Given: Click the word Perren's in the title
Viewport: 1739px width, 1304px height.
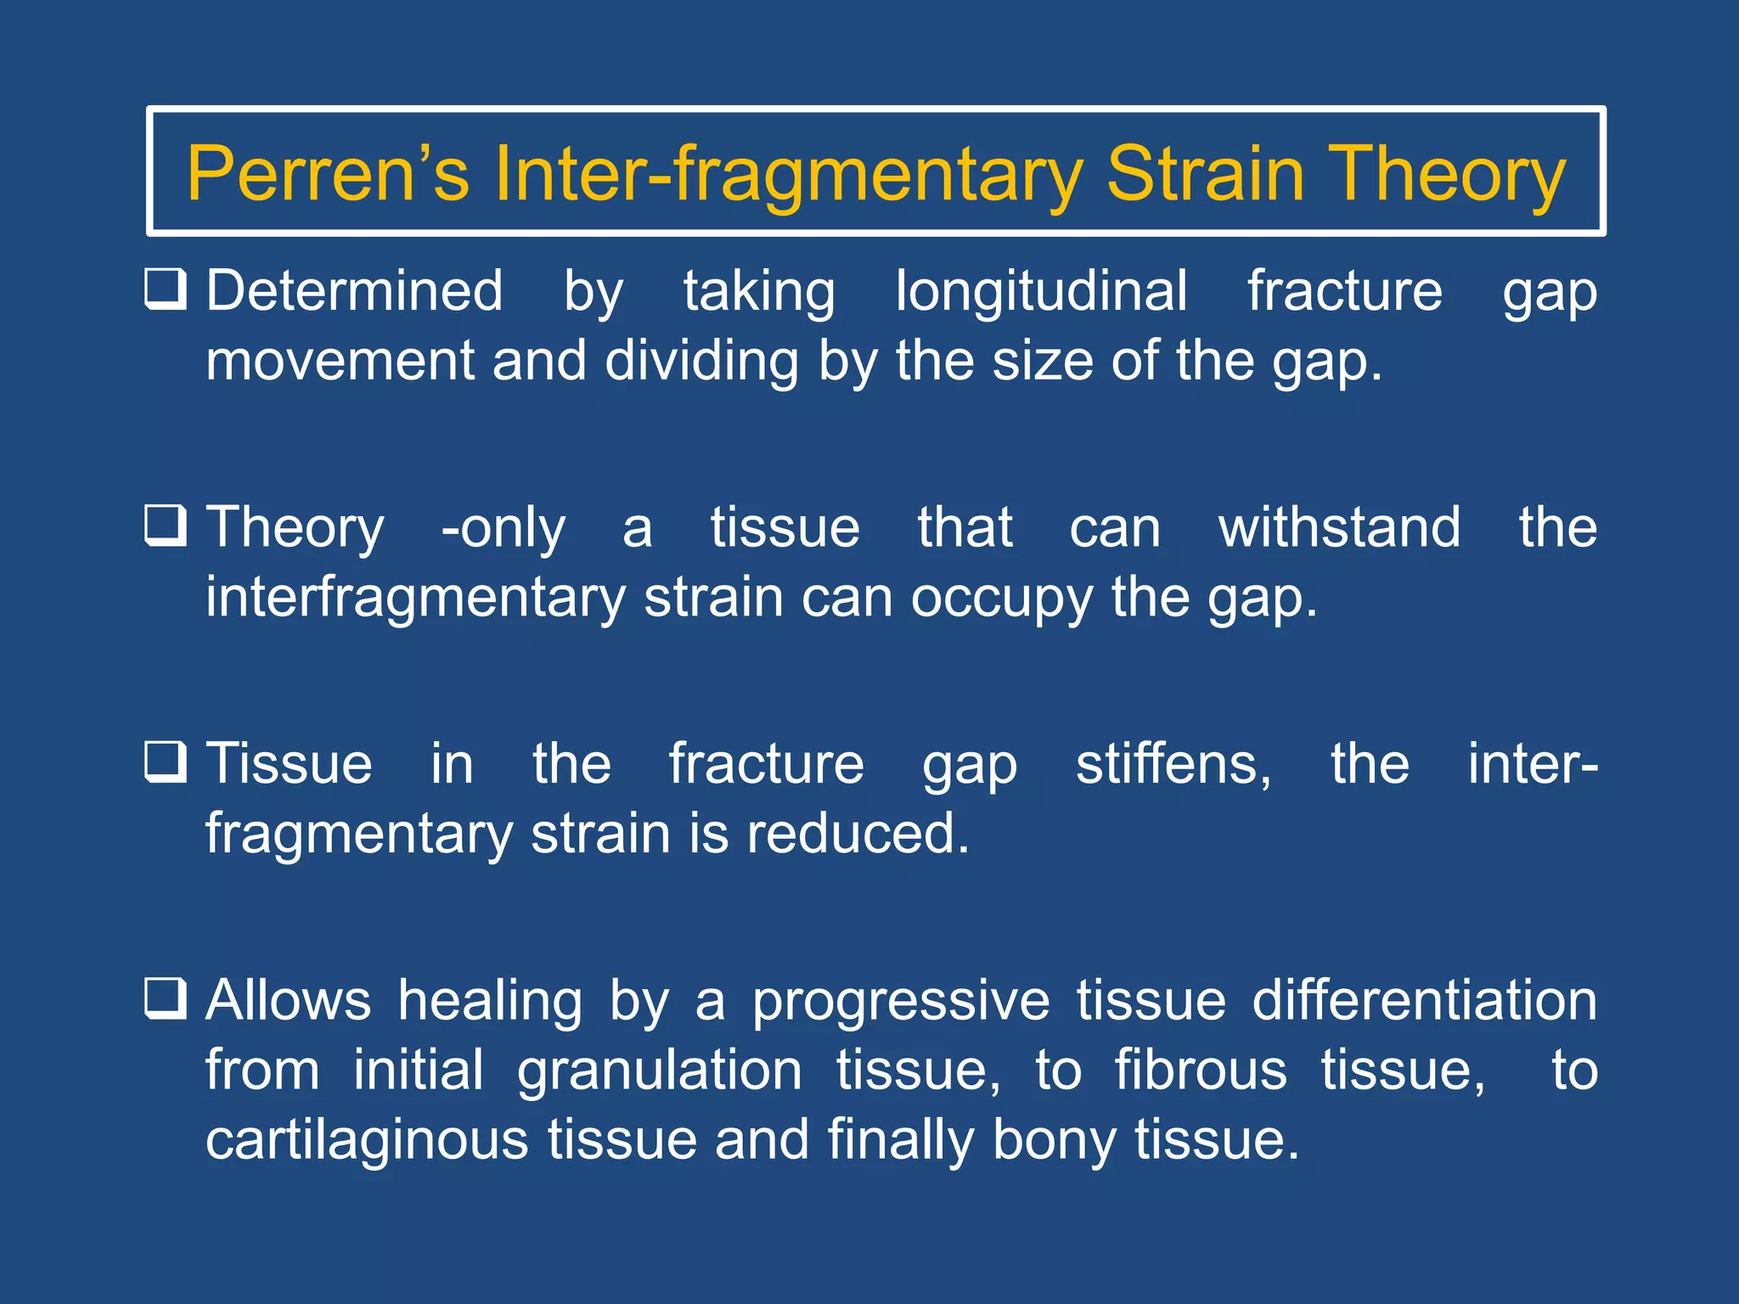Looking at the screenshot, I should [327, 174].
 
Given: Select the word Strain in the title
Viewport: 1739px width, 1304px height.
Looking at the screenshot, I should [1204, 174].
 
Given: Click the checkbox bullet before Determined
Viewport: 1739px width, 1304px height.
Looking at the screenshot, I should [165, 289].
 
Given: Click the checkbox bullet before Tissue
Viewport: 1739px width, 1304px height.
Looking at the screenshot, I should [165, 762].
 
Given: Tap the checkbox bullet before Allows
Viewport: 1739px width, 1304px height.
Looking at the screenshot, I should [165, 998].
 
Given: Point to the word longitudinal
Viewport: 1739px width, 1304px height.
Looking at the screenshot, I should [1041, 291].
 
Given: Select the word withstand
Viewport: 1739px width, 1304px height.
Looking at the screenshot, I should [1339, 527].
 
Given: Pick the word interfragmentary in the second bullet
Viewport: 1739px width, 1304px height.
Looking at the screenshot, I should [415, 598].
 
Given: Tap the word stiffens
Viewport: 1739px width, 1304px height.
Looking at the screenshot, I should [1173, 763].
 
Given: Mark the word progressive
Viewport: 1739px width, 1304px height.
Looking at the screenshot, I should [901, 1001].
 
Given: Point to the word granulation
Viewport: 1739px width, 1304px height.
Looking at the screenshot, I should [659, 1071].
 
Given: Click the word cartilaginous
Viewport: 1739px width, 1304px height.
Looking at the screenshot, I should [367, 1139].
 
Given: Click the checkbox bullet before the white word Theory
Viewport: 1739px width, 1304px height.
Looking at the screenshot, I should [165, 526].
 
